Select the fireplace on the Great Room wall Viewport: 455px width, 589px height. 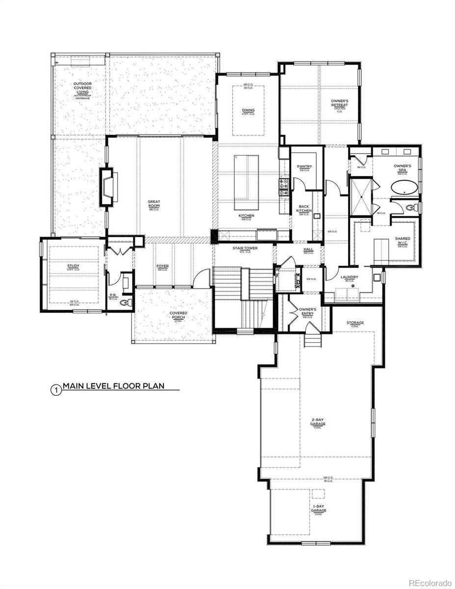[x=107, y=187]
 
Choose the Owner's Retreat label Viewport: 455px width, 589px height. [x=340, y=104]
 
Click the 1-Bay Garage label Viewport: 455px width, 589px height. [x=318, y=509]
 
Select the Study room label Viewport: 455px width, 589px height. [x=73, y=267]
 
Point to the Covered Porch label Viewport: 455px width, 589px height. [x=178, y=315]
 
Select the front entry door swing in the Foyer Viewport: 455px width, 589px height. [x=200, y=280]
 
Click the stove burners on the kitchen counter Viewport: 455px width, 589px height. [x=284, y=186]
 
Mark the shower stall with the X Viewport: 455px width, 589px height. [x=361, y=197]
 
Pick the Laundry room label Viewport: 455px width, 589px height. [x=349, y=277]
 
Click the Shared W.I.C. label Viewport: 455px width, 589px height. [x=403, y=241]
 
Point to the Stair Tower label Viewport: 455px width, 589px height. [x=245, y=249]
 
